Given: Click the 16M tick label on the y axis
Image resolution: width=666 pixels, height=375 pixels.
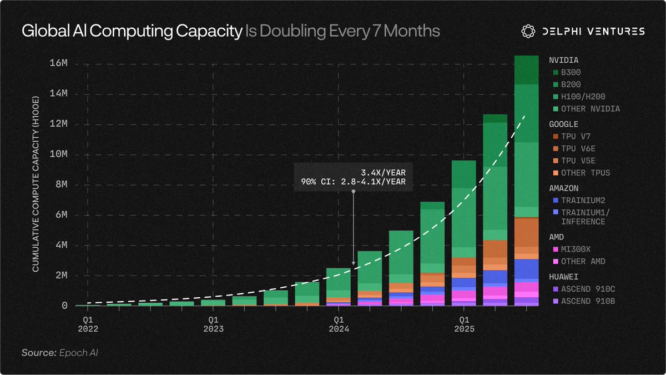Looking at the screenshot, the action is pos(59,63).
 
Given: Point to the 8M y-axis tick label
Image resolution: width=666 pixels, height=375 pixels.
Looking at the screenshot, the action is pos(62,184).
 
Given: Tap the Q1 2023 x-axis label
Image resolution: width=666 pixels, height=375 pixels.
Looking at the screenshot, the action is pos(213,324).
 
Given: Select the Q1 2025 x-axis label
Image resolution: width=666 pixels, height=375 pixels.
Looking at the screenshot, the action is pos(464,324).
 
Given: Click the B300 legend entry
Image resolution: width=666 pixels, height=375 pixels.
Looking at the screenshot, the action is pos(567,72).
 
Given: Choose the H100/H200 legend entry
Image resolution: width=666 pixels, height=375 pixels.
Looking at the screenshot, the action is pos(579,97).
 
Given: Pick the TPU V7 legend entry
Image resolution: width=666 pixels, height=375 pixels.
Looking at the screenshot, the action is pos(572,136).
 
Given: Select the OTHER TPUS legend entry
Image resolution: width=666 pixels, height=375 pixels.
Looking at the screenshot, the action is pos(581,173).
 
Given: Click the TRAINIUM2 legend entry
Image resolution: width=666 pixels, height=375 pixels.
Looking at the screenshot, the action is pos(579,201).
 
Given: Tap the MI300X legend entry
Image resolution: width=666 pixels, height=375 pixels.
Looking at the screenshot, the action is pos(572,249).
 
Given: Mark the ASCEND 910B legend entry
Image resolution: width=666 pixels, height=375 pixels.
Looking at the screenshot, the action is pos(584,301).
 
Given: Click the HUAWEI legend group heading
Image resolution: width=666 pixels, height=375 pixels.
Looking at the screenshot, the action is pos(564,277).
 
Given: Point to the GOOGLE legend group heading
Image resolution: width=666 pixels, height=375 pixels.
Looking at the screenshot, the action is pos(564,124).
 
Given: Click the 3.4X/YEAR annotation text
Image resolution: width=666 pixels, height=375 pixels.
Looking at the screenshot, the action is pos(384,173).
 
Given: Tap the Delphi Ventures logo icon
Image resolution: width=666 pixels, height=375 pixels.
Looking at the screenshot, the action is pos(528,31).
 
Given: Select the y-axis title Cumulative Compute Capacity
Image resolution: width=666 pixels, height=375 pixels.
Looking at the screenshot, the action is pos(36,184).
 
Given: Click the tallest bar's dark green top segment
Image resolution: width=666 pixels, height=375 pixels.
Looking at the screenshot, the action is pos(527,70).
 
